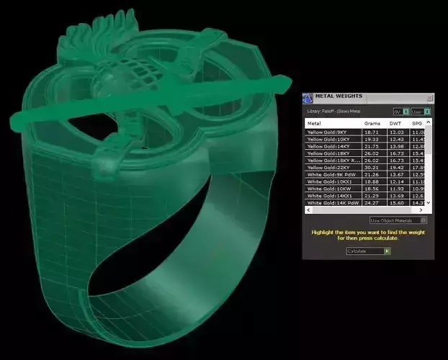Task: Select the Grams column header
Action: (x=372, y=123)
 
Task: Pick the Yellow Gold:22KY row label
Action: (x=327, y=167)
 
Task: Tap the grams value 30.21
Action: (x=372, y=167)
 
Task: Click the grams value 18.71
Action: (x=372, y=132)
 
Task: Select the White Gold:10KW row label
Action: (x=326, y=189)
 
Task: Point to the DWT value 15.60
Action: (x=396, y=203)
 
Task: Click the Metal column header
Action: (x=315, y=123)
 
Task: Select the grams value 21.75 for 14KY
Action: (x=372, y=146)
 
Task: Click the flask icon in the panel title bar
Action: (x=308, y=97)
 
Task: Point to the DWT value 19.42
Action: (x=396, y=167)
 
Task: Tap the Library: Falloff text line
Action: (x=336, y=111)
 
